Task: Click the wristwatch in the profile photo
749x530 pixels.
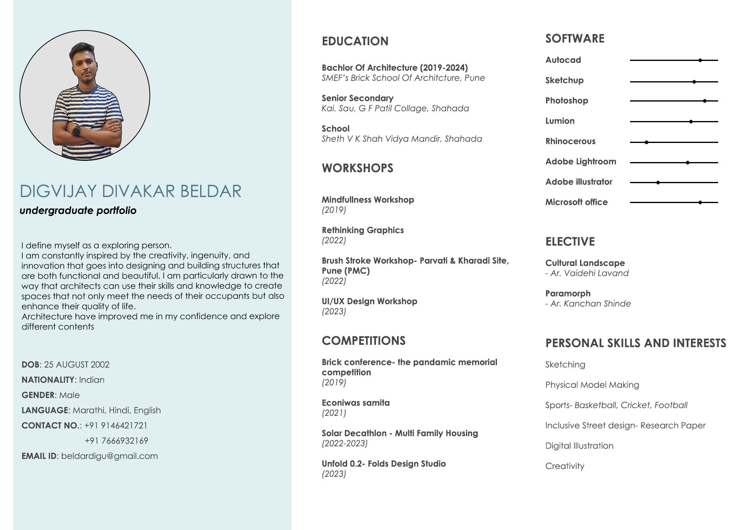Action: (x=76, y=131)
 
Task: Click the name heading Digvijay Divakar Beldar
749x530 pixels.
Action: (x=130, y=191)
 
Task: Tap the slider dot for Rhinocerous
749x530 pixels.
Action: (x=646, y=142)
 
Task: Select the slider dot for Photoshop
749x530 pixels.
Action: (x=704, y=101)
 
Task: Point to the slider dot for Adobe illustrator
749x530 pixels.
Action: (x=658, y=182)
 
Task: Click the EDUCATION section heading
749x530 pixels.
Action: (x=355, y=41)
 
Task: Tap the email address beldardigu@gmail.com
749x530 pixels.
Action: (x=109, y=456)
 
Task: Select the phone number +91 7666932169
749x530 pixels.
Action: (x=116, y=441)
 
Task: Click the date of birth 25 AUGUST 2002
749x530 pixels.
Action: (x=77, y=364)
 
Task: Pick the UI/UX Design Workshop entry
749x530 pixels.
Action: (x=369, y=301)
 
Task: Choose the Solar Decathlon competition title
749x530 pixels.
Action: (x=399, y=433)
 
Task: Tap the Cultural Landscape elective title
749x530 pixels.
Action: (x=585, y=263)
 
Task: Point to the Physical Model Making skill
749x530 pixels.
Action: (x=592, y=385)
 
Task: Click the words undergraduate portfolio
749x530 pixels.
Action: (x=78, y=210)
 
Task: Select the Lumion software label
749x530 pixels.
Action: (x=559, y=121)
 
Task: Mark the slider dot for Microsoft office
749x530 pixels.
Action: (x=700, y=202)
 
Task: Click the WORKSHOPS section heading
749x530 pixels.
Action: (x=357, y=168)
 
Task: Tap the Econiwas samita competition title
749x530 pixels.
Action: (x=355, y=403)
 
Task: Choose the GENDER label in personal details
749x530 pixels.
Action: (x=38, y=395)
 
